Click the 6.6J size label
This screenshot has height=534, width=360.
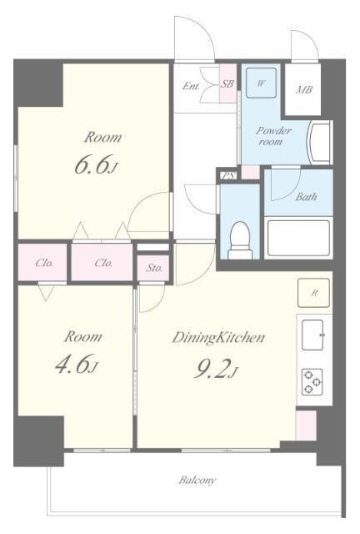(96, 165)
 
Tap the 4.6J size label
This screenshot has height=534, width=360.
(77, 364)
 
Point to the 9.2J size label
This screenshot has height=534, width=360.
(215, 369)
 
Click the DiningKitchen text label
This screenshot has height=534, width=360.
(218, 337)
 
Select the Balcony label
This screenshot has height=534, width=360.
(197, 481)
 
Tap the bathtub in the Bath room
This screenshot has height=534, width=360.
(298, 238)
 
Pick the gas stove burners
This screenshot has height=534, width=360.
(312, 382)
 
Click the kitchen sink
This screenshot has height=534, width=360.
(313, 335)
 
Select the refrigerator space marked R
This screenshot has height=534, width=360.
(313, 293)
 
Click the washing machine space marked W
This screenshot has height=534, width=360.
(261, 83)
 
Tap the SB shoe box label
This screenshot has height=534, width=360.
(227, 83)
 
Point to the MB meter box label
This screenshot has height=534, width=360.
(304, 90)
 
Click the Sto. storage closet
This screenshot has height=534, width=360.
(154, 268)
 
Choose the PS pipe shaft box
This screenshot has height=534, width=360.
(228, 175)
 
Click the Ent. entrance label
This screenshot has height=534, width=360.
(191, 86)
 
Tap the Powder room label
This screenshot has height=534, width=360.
(272, 136)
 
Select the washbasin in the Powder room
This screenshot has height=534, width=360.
(319, 142)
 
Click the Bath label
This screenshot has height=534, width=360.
(306, 197)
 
